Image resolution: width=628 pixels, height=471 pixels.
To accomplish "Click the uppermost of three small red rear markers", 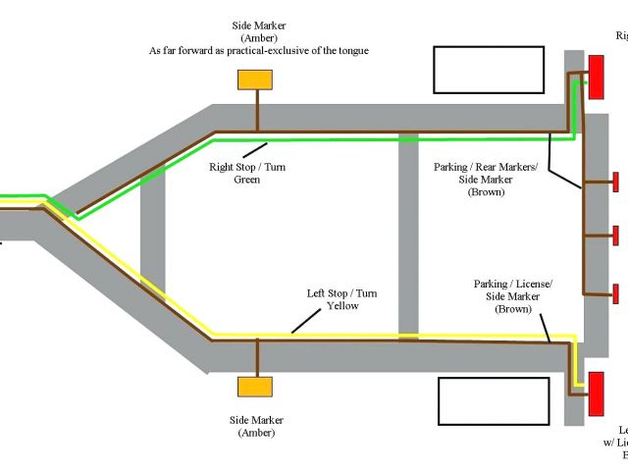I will pyautogui.click(x=615, y=182).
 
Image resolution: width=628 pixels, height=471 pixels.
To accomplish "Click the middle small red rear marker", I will pyautogui.click(x=615, y=235).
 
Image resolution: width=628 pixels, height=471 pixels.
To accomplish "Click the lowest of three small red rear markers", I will pyautogui.click(x=615, y=292).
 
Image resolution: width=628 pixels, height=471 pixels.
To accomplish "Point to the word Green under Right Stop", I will pyautogui.click(x=246, y=180).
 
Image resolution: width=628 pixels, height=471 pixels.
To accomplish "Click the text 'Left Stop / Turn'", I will pyautogui.click(x=342, y=293).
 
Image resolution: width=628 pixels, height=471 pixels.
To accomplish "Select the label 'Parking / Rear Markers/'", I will pyautogui.click(x=486, y=167).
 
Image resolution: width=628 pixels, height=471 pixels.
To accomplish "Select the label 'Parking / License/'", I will pyautogui.click(x=513, y=284).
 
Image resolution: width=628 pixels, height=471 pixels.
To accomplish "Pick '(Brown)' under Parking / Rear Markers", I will pyautogui.click(x=486, y=192).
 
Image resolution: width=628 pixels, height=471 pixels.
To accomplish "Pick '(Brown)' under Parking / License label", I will pyautogui.click(x=512, y=309).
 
